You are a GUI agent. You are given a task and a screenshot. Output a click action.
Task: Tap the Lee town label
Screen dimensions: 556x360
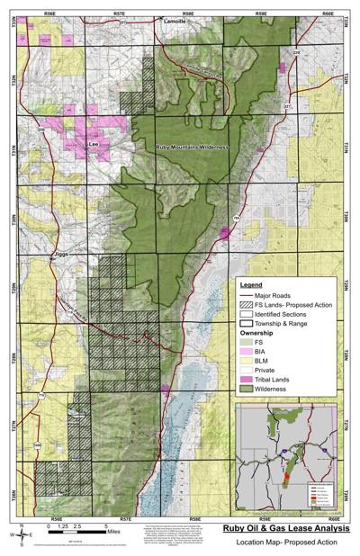pos(91,142)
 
